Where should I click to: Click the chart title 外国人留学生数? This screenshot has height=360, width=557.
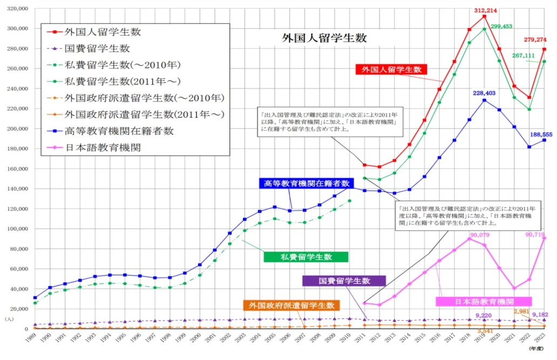point(324,38)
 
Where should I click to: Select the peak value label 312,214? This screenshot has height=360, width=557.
point(484,10)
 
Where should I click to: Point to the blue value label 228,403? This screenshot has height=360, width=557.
point(484,93)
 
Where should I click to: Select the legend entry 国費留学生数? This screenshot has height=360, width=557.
point(97,49)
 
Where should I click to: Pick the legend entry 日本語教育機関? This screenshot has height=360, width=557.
point(103,147)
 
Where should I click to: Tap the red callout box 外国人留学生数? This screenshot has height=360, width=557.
point(391,70)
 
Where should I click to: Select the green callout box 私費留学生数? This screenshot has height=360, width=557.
point(305,256)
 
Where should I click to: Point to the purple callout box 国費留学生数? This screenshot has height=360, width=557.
point(344,281)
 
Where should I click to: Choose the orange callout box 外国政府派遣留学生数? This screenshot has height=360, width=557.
point(291,305)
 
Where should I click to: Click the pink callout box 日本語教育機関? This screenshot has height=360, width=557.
point(484,301)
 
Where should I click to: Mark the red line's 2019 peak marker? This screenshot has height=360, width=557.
point(484,16)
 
